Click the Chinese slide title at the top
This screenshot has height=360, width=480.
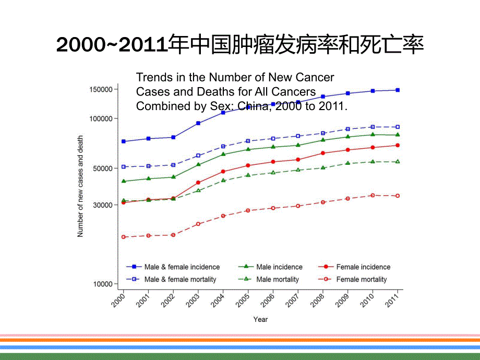[239, 45]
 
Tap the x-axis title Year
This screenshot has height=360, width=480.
[260, 319]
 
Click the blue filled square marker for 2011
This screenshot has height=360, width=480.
[398, 90]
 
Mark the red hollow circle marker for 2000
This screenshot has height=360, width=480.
[124, 237]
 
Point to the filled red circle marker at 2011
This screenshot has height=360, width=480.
[398, 145]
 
